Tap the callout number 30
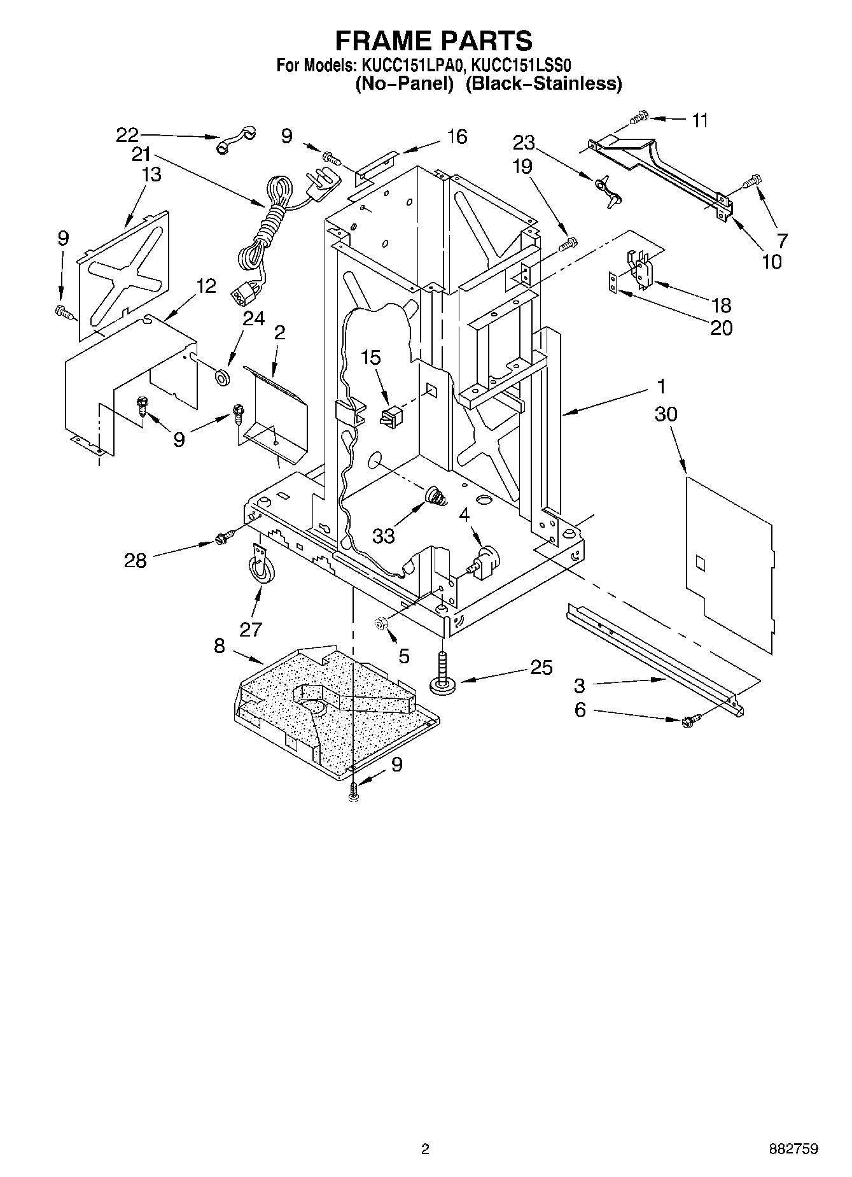(666, 414)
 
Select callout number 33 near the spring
(384, 537)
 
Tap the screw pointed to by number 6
(689, 721)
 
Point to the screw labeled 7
(752, 182)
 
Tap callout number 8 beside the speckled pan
(220, 646)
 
